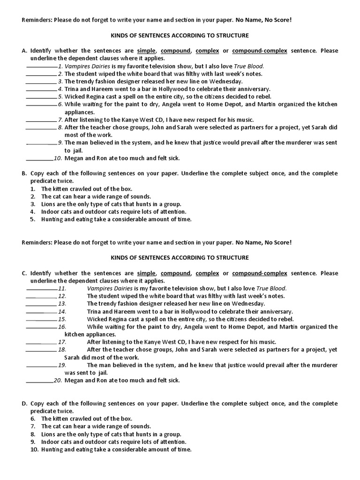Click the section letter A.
tap(24, 51)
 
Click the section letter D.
tap(24, 403)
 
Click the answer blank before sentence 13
tap(41, 304)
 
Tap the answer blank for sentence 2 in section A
tap(41, 74)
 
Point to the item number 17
tap(62, 342)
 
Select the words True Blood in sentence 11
tap(270, 288)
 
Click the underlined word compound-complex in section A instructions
tap(259, 51)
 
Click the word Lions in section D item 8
tap(49, 434)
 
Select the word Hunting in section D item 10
tap(52, 449)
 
